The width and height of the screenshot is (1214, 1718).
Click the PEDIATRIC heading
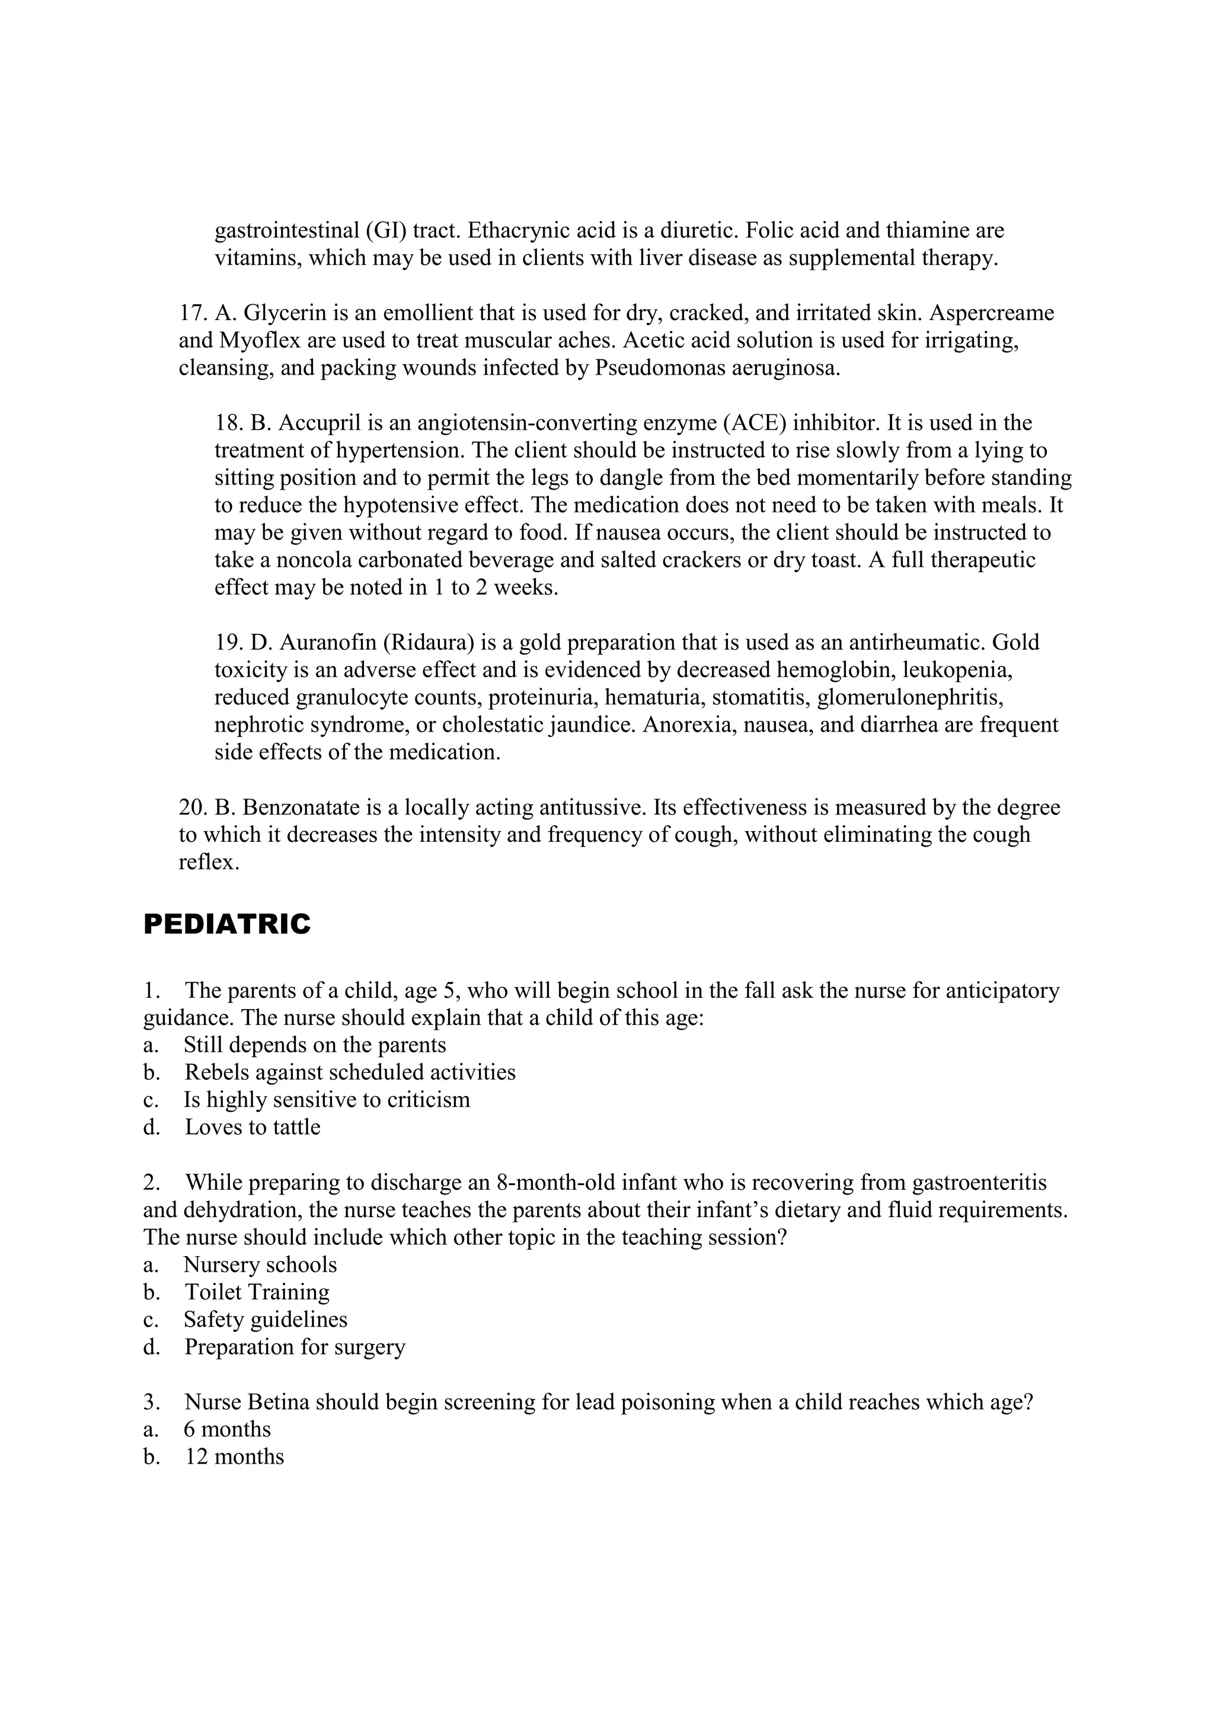[x=226, y=925]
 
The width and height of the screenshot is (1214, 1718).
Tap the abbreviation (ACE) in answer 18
[x=755, y=423]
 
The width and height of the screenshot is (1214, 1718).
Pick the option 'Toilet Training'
[x=257, y=1292]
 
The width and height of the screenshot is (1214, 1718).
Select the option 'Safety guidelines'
[x=266, y=1319]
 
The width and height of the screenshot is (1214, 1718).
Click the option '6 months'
[x=226, y=1429]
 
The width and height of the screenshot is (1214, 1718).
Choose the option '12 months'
[x=234, y=1457]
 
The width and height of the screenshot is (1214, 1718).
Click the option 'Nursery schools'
[x=260, y=1264]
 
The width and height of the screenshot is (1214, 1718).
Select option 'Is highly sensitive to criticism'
[x=327, y=1099]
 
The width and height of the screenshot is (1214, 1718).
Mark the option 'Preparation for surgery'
[x=295, y=1347]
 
